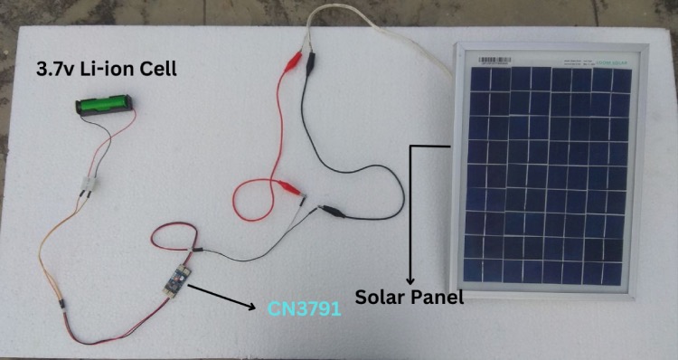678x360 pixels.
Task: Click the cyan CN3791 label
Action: pos(304,309)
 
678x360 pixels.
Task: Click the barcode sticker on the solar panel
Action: pos(495,61)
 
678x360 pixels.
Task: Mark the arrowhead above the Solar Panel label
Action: pos(411,279)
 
